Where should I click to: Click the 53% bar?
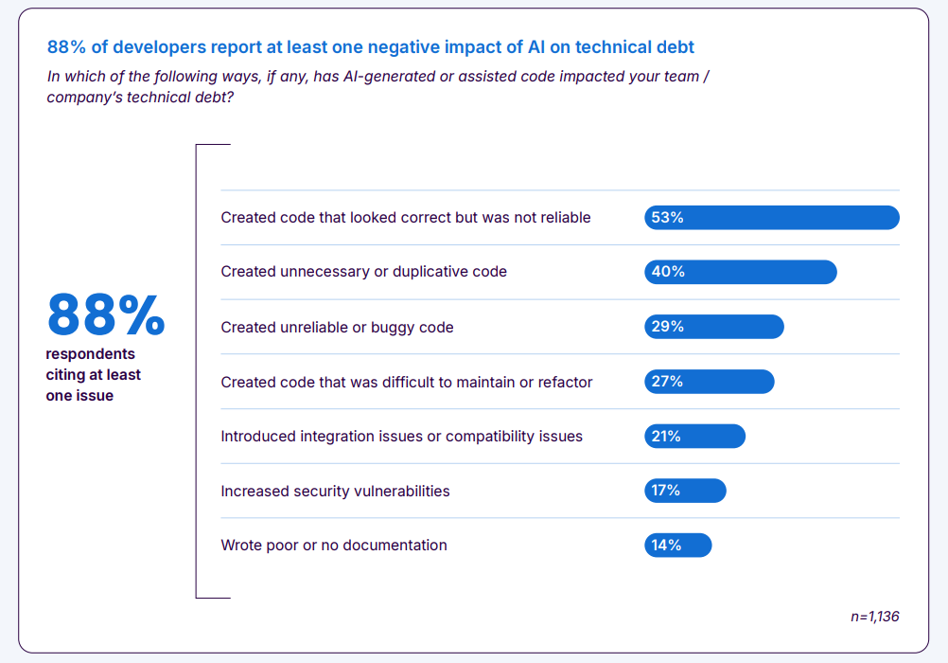click(x=771, y=217)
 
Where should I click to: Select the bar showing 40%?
click(x=740, y=272)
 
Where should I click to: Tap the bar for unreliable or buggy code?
click(x=713, y=327)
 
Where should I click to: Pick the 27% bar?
click(x=709, y=382)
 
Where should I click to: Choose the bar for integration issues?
click(x=694, y=436)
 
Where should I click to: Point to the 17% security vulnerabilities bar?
click(x=685, y=491)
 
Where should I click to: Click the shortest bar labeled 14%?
click(x=677, y=545)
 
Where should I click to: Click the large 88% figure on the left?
click(x=106, y=315)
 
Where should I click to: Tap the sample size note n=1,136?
click(x=874, y=617)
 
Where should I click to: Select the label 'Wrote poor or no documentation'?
click(x=334, y=545)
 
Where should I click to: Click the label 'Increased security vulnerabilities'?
click(x=335, y=491)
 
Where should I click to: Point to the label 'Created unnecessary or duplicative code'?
click(x=363, y=272)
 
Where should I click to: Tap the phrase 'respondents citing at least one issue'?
click(x=93, y=375)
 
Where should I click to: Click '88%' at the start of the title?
click(x=66, y=46)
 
